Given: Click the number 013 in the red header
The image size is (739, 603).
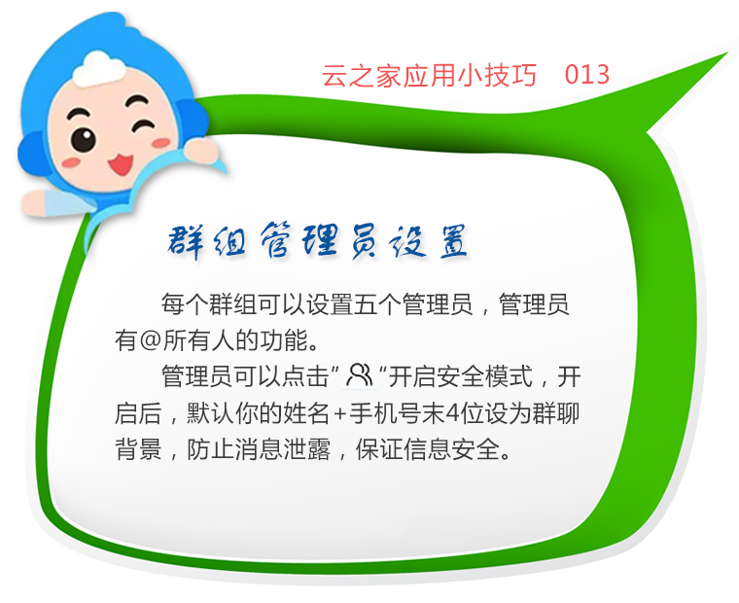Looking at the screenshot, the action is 586,75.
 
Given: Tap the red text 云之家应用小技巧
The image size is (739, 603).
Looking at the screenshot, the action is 430,75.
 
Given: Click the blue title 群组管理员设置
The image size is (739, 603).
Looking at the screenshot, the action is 317,241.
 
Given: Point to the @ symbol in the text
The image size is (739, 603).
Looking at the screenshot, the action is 151,340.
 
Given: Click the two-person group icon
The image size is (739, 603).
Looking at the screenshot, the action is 360,375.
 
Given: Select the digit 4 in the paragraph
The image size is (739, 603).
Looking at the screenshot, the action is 452,413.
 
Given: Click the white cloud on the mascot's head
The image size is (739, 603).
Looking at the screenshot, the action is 98,68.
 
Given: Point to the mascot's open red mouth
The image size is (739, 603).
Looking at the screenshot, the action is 121,163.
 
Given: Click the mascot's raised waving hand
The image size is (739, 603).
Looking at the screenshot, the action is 200,151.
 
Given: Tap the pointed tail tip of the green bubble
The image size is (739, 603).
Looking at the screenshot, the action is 728,53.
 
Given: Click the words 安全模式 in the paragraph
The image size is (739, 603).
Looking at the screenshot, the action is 484,376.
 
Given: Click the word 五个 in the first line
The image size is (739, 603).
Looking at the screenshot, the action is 378,304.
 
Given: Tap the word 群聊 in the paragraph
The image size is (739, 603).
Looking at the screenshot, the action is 556,413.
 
